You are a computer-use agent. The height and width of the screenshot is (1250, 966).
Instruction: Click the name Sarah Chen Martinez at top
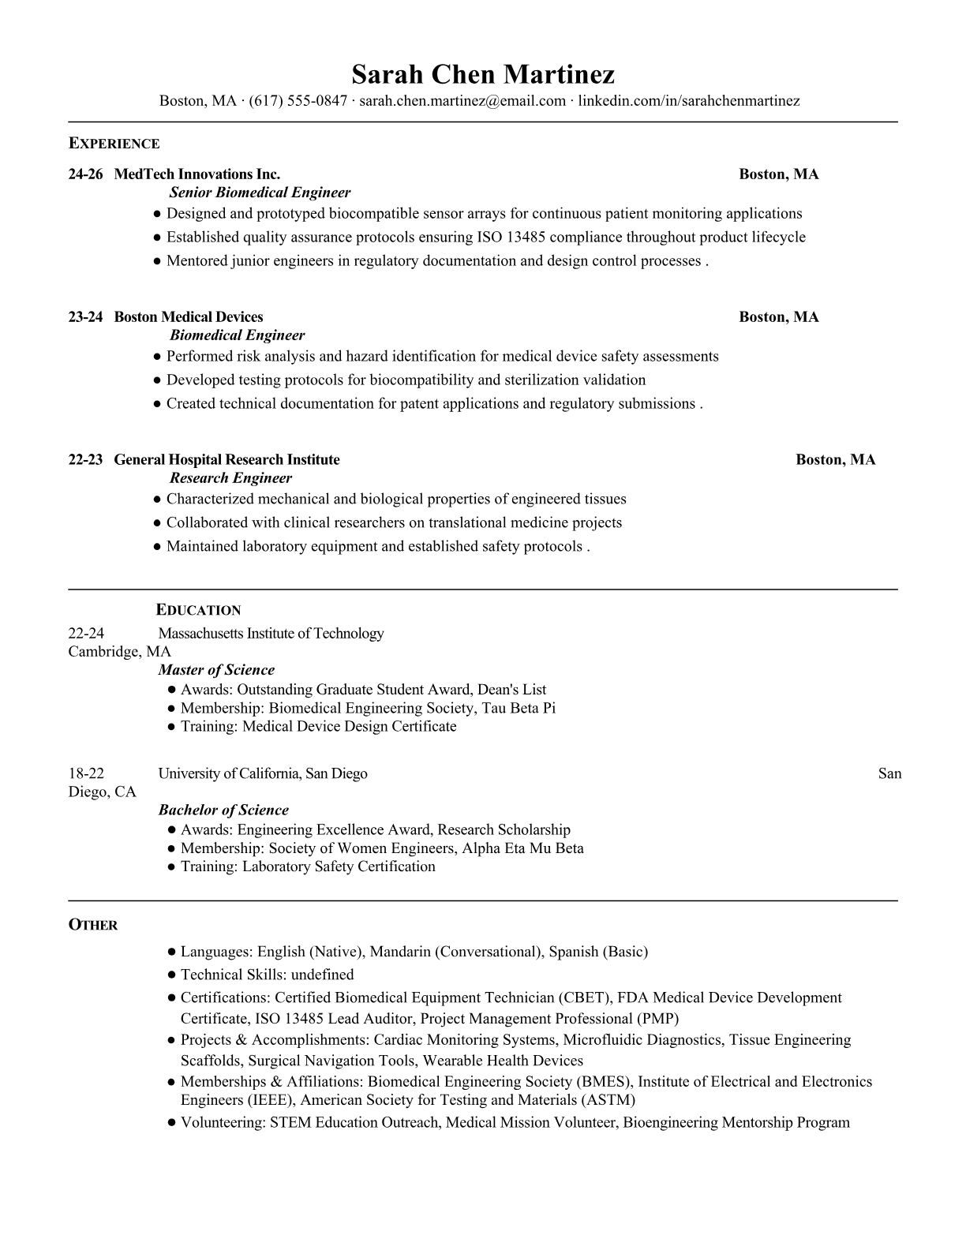point(482,74)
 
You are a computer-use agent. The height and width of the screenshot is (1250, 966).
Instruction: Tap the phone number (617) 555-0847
point(298,101)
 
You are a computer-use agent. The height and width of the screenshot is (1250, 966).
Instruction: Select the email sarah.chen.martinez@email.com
point(462,101)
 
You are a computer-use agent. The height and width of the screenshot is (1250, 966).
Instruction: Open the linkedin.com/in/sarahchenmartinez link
point(689,101)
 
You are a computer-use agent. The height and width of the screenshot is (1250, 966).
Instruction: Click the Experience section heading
point(114,144)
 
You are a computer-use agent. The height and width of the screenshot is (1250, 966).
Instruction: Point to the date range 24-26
point(85,174)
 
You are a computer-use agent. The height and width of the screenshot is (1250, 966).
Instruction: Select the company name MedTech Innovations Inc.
point(197,174)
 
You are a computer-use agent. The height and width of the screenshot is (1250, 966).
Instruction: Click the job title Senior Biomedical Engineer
point(260,193)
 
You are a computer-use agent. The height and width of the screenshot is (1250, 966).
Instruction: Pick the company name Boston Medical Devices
point(189,317)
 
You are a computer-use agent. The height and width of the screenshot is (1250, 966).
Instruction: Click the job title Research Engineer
point(230,478)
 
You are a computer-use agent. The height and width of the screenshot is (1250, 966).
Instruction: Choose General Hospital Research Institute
point(227,460)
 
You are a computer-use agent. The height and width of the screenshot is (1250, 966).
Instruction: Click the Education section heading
point(198,610)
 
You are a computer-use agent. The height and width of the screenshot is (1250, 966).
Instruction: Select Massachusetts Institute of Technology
point(271,634)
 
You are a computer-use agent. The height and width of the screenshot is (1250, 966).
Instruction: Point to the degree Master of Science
point(216,670)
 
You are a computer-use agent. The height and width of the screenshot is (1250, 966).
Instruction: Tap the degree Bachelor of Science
point(223,810)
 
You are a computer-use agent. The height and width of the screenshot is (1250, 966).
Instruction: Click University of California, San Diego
point(263,773)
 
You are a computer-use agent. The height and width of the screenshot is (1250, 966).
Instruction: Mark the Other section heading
point(93,925)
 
